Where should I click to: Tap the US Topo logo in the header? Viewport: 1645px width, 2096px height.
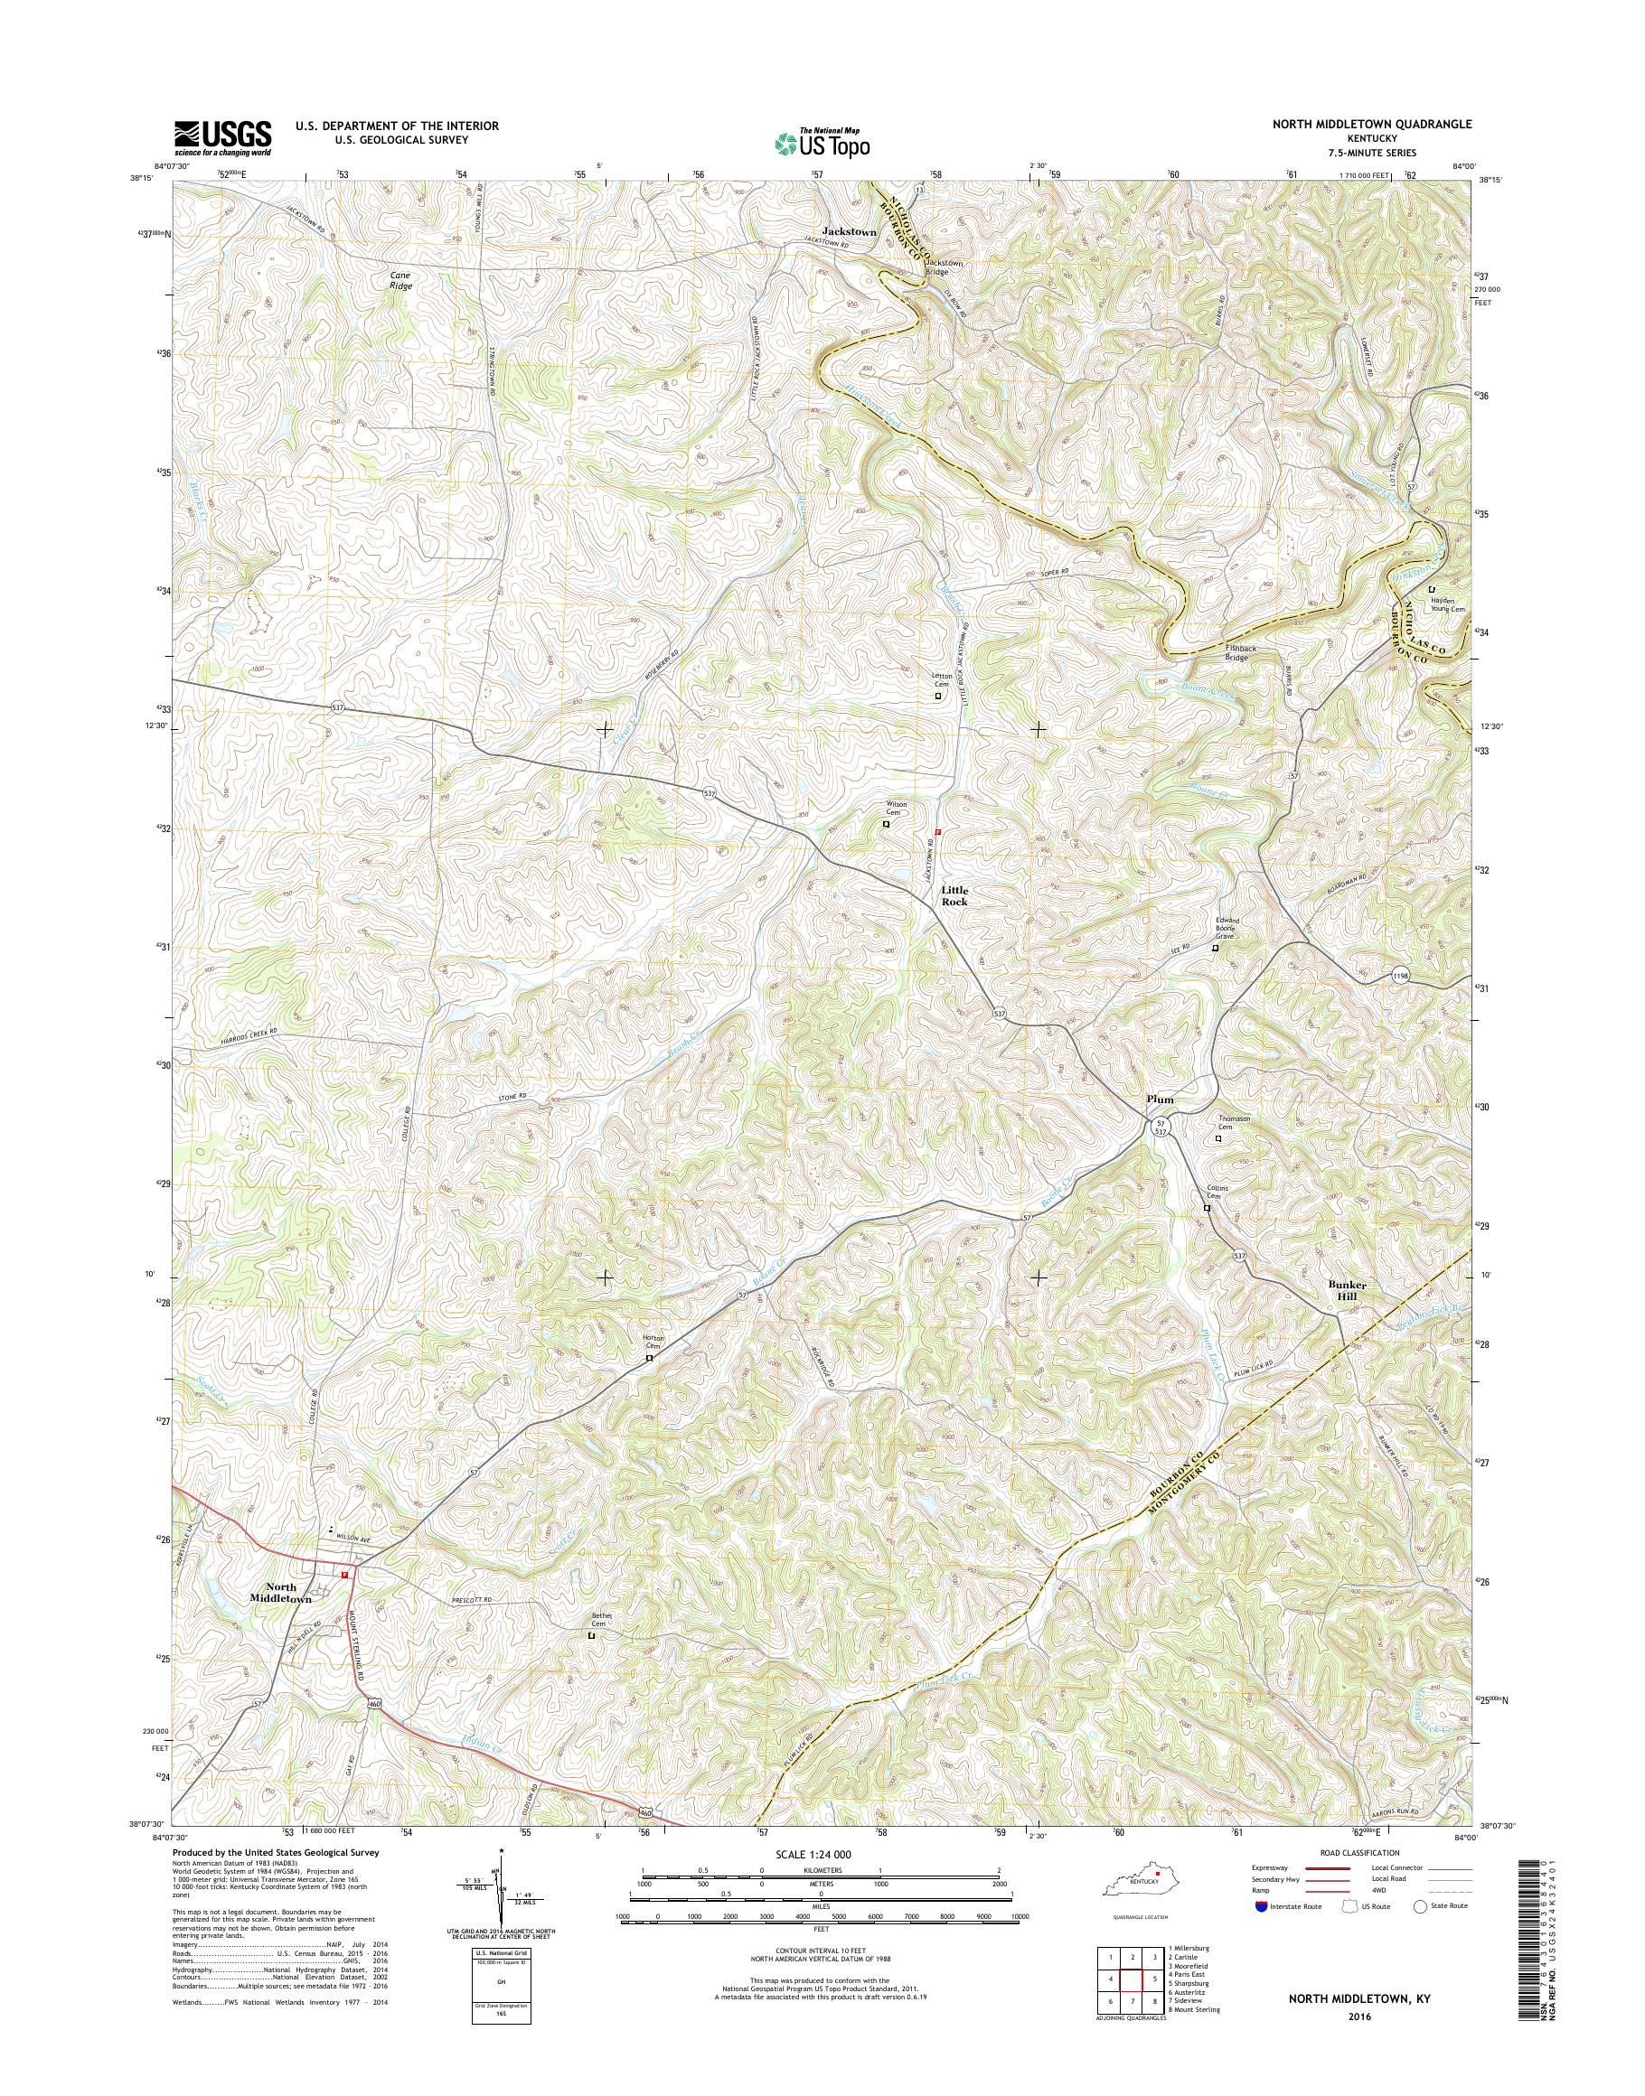[822, 143]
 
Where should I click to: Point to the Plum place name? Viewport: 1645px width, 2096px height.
[1160, 1099]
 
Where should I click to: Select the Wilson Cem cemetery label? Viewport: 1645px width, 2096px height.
[897, 808]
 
